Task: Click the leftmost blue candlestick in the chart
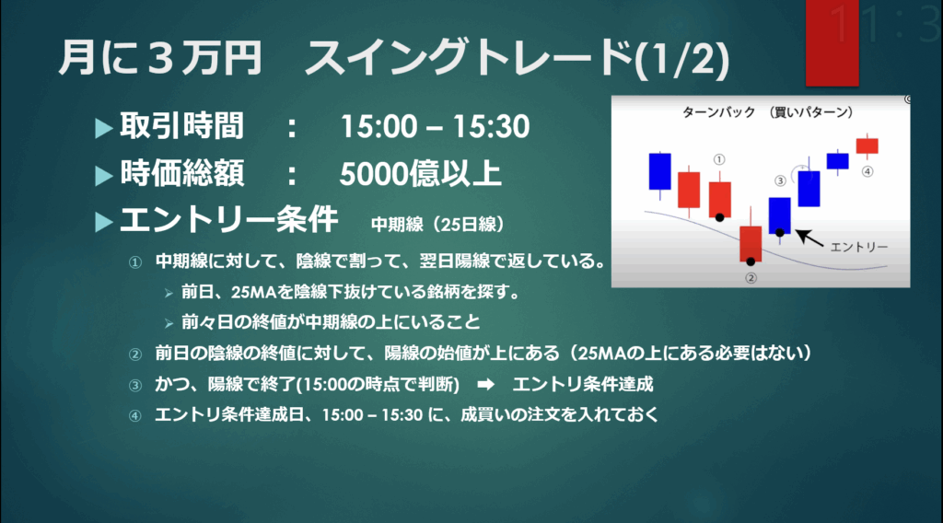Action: point(659,171)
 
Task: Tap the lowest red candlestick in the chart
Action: point(751,243)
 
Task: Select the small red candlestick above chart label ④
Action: point(867,145)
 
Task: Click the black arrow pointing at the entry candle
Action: point(809,238)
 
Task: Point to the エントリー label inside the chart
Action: point(859,247)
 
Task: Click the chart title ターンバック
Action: point(718,112)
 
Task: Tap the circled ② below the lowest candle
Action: point(751,278)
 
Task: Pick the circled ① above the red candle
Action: point(719,159)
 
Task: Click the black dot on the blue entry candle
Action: point(779,232)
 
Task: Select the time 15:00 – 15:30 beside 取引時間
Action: point(435,127)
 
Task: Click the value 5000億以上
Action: point(420,174)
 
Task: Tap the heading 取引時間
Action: point(181,126)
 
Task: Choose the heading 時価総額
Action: point(182,174)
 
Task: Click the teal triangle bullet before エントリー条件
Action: point(104,223)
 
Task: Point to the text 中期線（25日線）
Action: point(437,225)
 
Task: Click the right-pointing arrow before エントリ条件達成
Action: point(486,385)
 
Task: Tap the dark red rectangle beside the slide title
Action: point(832,42)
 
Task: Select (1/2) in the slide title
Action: point(682,59)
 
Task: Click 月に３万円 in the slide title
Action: point(160,58)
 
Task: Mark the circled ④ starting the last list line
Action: point(135,416)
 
